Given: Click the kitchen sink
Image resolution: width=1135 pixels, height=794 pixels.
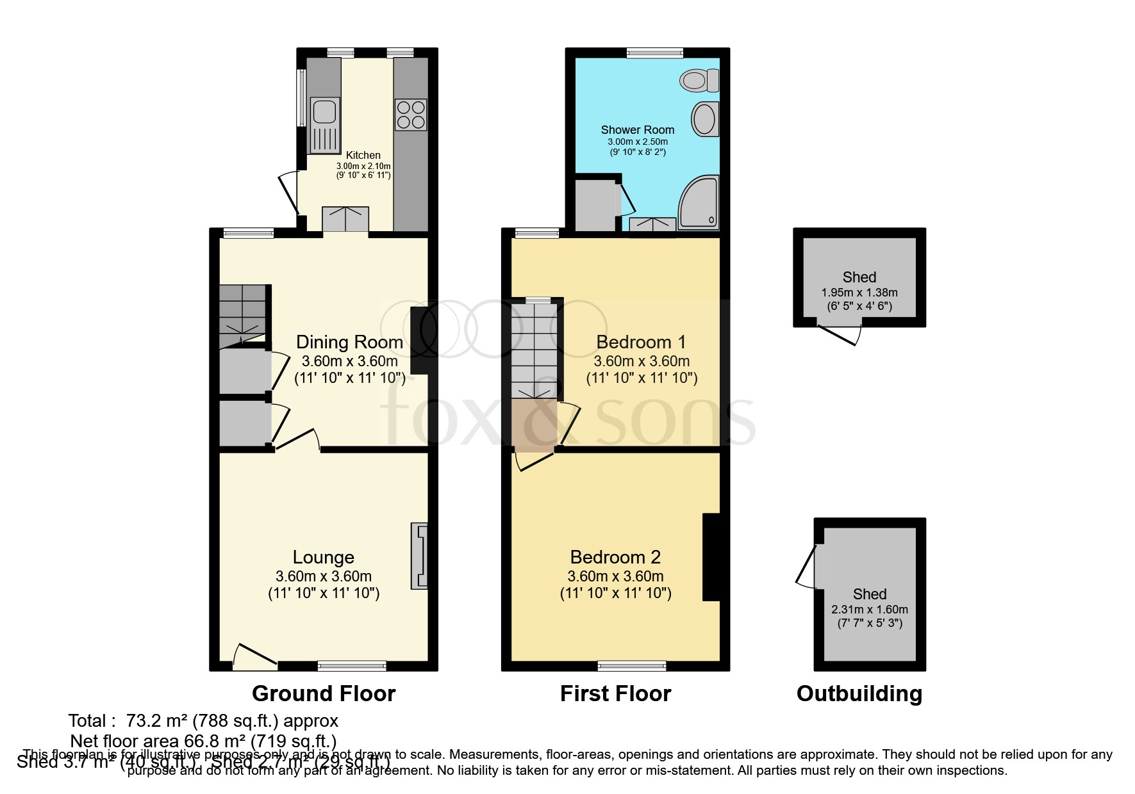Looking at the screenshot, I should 324,126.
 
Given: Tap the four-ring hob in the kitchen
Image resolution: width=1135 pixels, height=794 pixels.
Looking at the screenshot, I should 411,115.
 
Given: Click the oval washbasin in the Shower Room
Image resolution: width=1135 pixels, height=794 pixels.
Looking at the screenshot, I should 704,119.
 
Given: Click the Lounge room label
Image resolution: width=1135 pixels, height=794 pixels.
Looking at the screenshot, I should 324,557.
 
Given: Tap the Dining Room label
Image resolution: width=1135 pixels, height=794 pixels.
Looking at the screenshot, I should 349,342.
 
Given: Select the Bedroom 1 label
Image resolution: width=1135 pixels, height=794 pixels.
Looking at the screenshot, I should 641,342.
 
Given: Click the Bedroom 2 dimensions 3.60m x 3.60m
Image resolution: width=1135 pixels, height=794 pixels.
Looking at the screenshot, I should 615,576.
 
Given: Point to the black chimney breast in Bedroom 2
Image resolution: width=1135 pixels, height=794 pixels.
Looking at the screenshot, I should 711,556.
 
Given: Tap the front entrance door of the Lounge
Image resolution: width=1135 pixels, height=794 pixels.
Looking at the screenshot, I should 254,657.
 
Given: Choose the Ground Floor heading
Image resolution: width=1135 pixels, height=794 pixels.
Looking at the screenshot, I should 324,693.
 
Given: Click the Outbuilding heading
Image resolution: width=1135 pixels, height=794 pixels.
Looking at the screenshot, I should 859,693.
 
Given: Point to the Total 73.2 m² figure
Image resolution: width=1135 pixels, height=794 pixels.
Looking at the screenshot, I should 203,721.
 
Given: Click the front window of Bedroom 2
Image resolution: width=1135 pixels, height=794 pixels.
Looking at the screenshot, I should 632,666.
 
